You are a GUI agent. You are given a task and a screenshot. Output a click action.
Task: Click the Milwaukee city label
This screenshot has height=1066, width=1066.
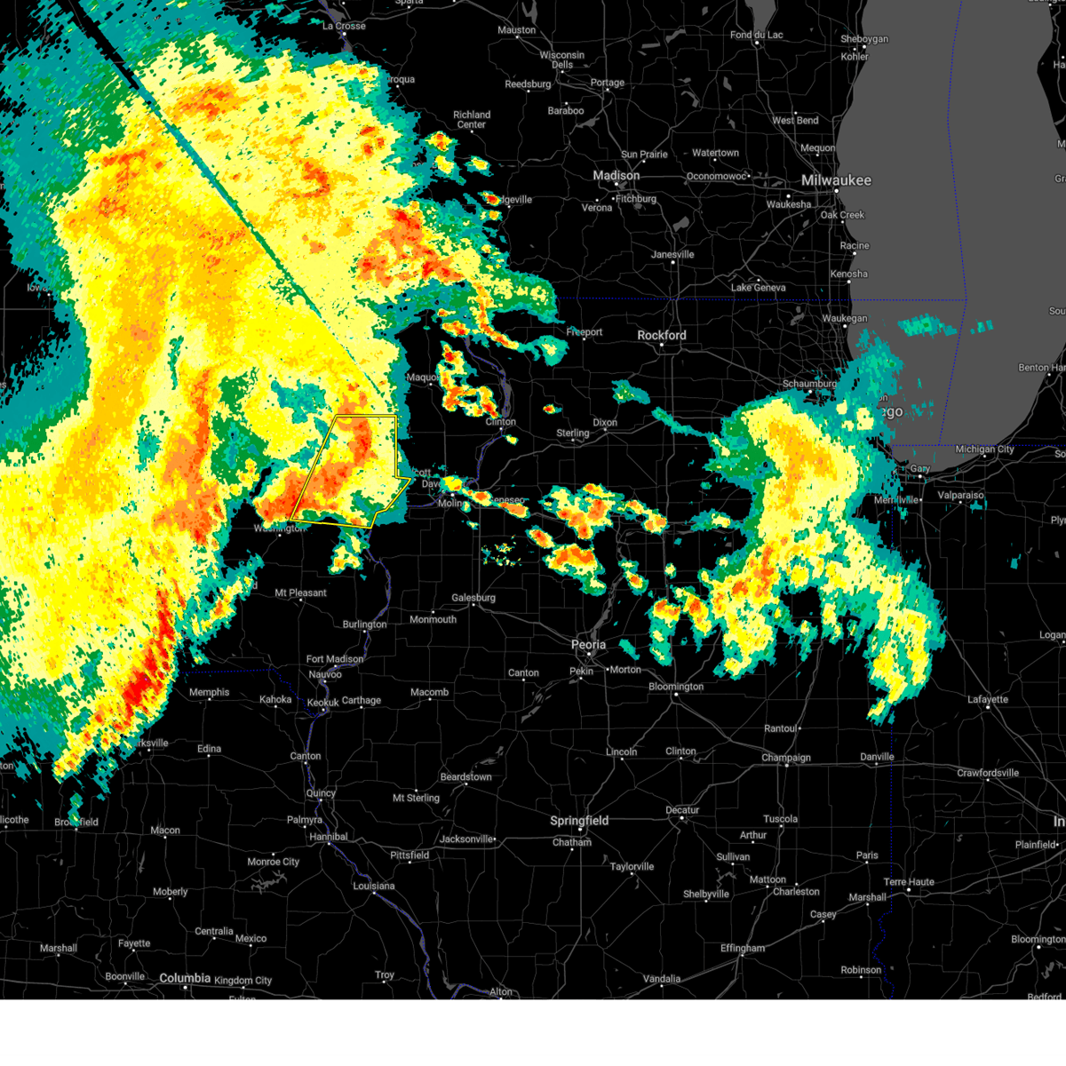click(836, 180)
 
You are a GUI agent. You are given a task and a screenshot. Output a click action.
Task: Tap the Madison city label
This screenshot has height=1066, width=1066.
click(617, 176)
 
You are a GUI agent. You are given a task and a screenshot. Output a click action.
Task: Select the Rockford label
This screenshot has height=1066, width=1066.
click(662, 335)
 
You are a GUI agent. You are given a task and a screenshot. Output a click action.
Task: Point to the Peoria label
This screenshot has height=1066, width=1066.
click(588, 645)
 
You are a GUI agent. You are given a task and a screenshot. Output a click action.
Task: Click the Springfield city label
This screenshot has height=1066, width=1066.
click(579, 821)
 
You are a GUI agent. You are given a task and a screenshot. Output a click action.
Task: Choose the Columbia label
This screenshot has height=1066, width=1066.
click(185, 978)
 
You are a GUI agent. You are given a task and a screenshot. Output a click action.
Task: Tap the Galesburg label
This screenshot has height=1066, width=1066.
click(473, 598)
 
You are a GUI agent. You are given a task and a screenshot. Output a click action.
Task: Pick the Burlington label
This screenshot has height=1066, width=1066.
click(364, 624)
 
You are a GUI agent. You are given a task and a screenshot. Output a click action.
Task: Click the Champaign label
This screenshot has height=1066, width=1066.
click(786, 758)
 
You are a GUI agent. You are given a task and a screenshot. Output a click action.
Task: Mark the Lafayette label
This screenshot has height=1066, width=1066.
click(988, 699)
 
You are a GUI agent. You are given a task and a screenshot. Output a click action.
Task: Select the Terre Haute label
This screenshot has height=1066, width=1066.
click(909, 882)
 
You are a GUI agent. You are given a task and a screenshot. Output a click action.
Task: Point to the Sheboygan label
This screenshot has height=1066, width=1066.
click(863, 39)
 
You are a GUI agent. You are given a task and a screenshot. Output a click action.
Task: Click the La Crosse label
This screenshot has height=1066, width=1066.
click(344, 26)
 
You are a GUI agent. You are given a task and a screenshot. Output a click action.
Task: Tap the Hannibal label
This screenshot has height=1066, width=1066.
click(328, 837)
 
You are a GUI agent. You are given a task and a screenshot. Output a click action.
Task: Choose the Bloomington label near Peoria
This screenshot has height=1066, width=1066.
click(676, 687)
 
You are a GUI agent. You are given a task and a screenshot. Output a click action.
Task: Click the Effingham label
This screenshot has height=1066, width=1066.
click(743, 948)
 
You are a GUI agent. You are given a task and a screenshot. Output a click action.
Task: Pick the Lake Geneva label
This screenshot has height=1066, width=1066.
click(758, 287)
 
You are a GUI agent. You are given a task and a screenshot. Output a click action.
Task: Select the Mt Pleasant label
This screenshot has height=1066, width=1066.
click(300, 593)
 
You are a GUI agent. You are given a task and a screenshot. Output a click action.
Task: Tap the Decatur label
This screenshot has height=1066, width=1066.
click(682, 810)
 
